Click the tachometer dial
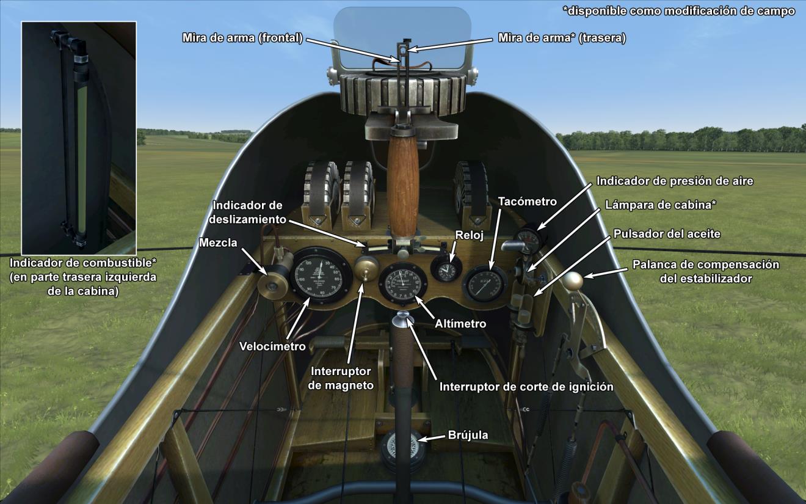[x=485, y=283]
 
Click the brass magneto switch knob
[x=366, y=267]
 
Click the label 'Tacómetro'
[x=527, y=202]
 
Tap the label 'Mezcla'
[x=218, y=243]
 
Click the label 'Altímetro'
[x=460, y=324]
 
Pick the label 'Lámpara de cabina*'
[x=660, y=205]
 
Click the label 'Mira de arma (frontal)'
[x=242, y=38]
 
